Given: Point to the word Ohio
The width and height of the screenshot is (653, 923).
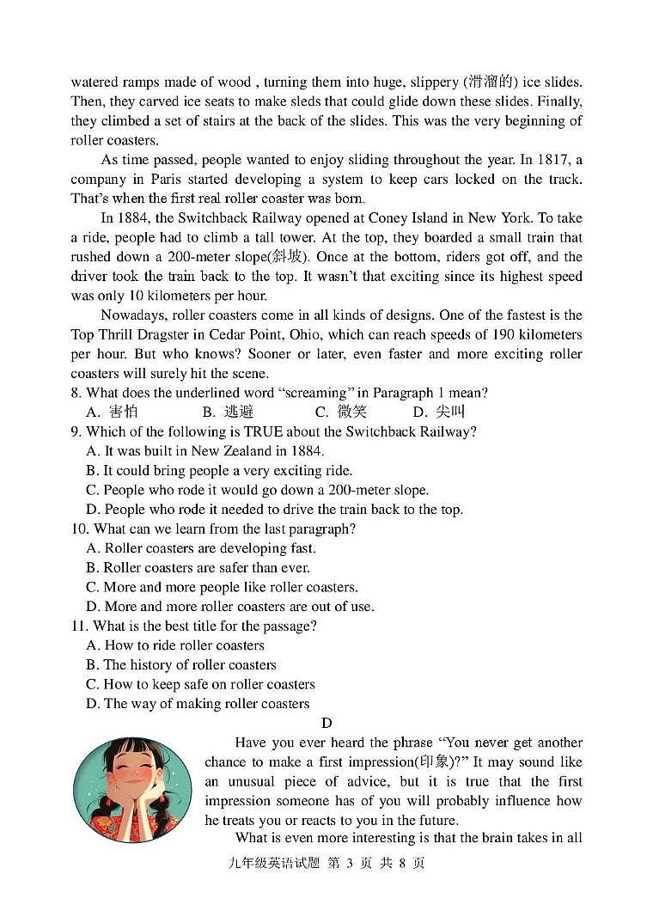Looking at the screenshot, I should (x=334, y=334).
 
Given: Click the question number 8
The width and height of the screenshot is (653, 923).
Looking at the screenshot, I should (x=76, y=393).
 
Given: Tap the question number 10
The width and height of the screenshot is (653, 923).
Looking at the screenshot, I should (x=79, y=529).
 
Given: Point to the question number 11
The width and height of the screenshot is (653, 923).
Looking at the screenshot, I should (x=79, y=626).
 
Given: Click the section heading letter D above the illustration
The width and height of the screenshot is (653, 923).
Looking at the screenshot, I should (x=326, y=723).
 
